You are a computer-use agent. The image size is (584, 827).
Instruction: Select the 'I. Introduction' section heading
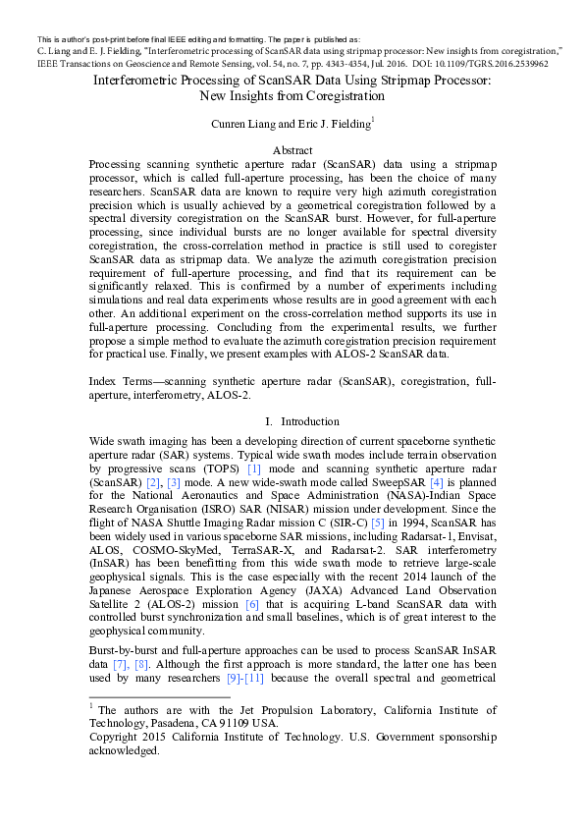[x=292, y=421]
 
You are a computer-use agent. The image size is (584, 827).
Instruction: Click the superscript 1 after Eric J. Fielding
[x=373, y=119]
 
